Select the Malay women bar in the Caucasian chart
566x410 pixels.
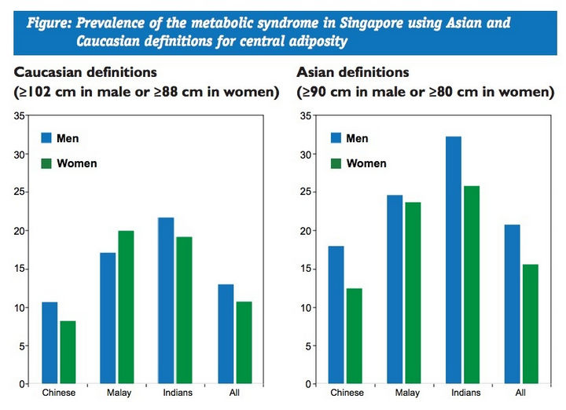[124, 307]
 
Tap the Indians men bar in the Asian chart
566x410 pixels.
[454, 260]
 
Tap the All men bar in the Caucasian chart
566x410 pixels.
[226, 334]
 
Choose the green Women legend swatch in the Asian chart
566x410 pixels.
[336, 163]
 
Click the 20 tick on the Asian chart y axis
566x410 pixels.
[309, 231]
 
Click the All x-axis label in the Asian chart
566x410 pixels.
[520, 392]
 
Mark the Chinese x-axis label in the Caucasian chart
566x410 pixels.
[58, 392]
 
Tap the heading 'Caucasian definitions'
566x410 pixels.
[90, 73]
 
